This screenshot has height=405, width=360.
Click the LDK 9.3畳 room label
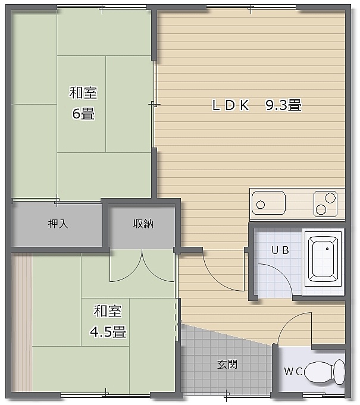[x=256, y=105]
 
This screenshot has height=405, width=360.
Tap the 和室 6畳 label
[x=83, y=103]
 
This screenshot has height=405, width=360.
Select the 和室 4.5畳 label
[x=108, y=321]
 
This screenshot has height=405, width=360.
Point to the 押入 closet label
[x=58, y=224]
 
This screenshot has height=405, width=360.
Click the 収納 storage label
[x=143, y=224]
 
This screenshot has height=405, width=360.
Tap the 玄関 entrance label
[x=227, y=365]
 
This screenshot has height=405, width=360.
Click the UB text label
[x=280, y=250]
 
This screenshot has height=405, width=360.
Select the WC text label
[x=293, y=372]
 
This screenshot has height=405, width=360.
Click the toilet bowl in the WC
[x=324, y=372]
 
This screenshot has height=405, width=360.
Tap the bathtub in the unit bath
[x=323, y=259]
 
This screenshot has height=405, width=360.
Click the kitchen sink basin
[x=268, y=203]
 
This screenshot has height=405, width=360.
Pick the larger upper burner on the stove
[x=330, y=198]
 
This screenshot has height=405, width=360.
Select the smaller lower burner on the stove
[x=321, y=209]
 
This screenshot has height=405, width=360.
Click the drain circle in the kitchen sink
[x=261, y=205]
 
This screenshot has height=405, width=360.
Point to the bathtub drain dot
[x=327, y=249]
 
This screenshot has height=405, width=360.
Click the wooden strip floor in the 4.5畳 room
[x=22, y=322]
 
